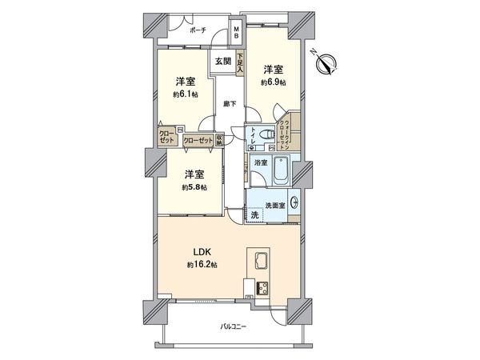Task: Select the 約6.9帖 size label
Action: coord(272,82)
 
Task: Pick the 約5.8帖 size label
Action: coord(194,186)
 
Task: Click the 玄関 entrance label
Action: coord(222,62)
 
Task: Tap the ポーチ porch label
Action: coord(198,30)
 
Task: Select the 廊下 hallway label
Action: coord(228,104)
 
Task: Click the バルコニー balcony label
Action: coord(234,328)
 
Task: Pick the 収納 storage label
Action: coord(218,138)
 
